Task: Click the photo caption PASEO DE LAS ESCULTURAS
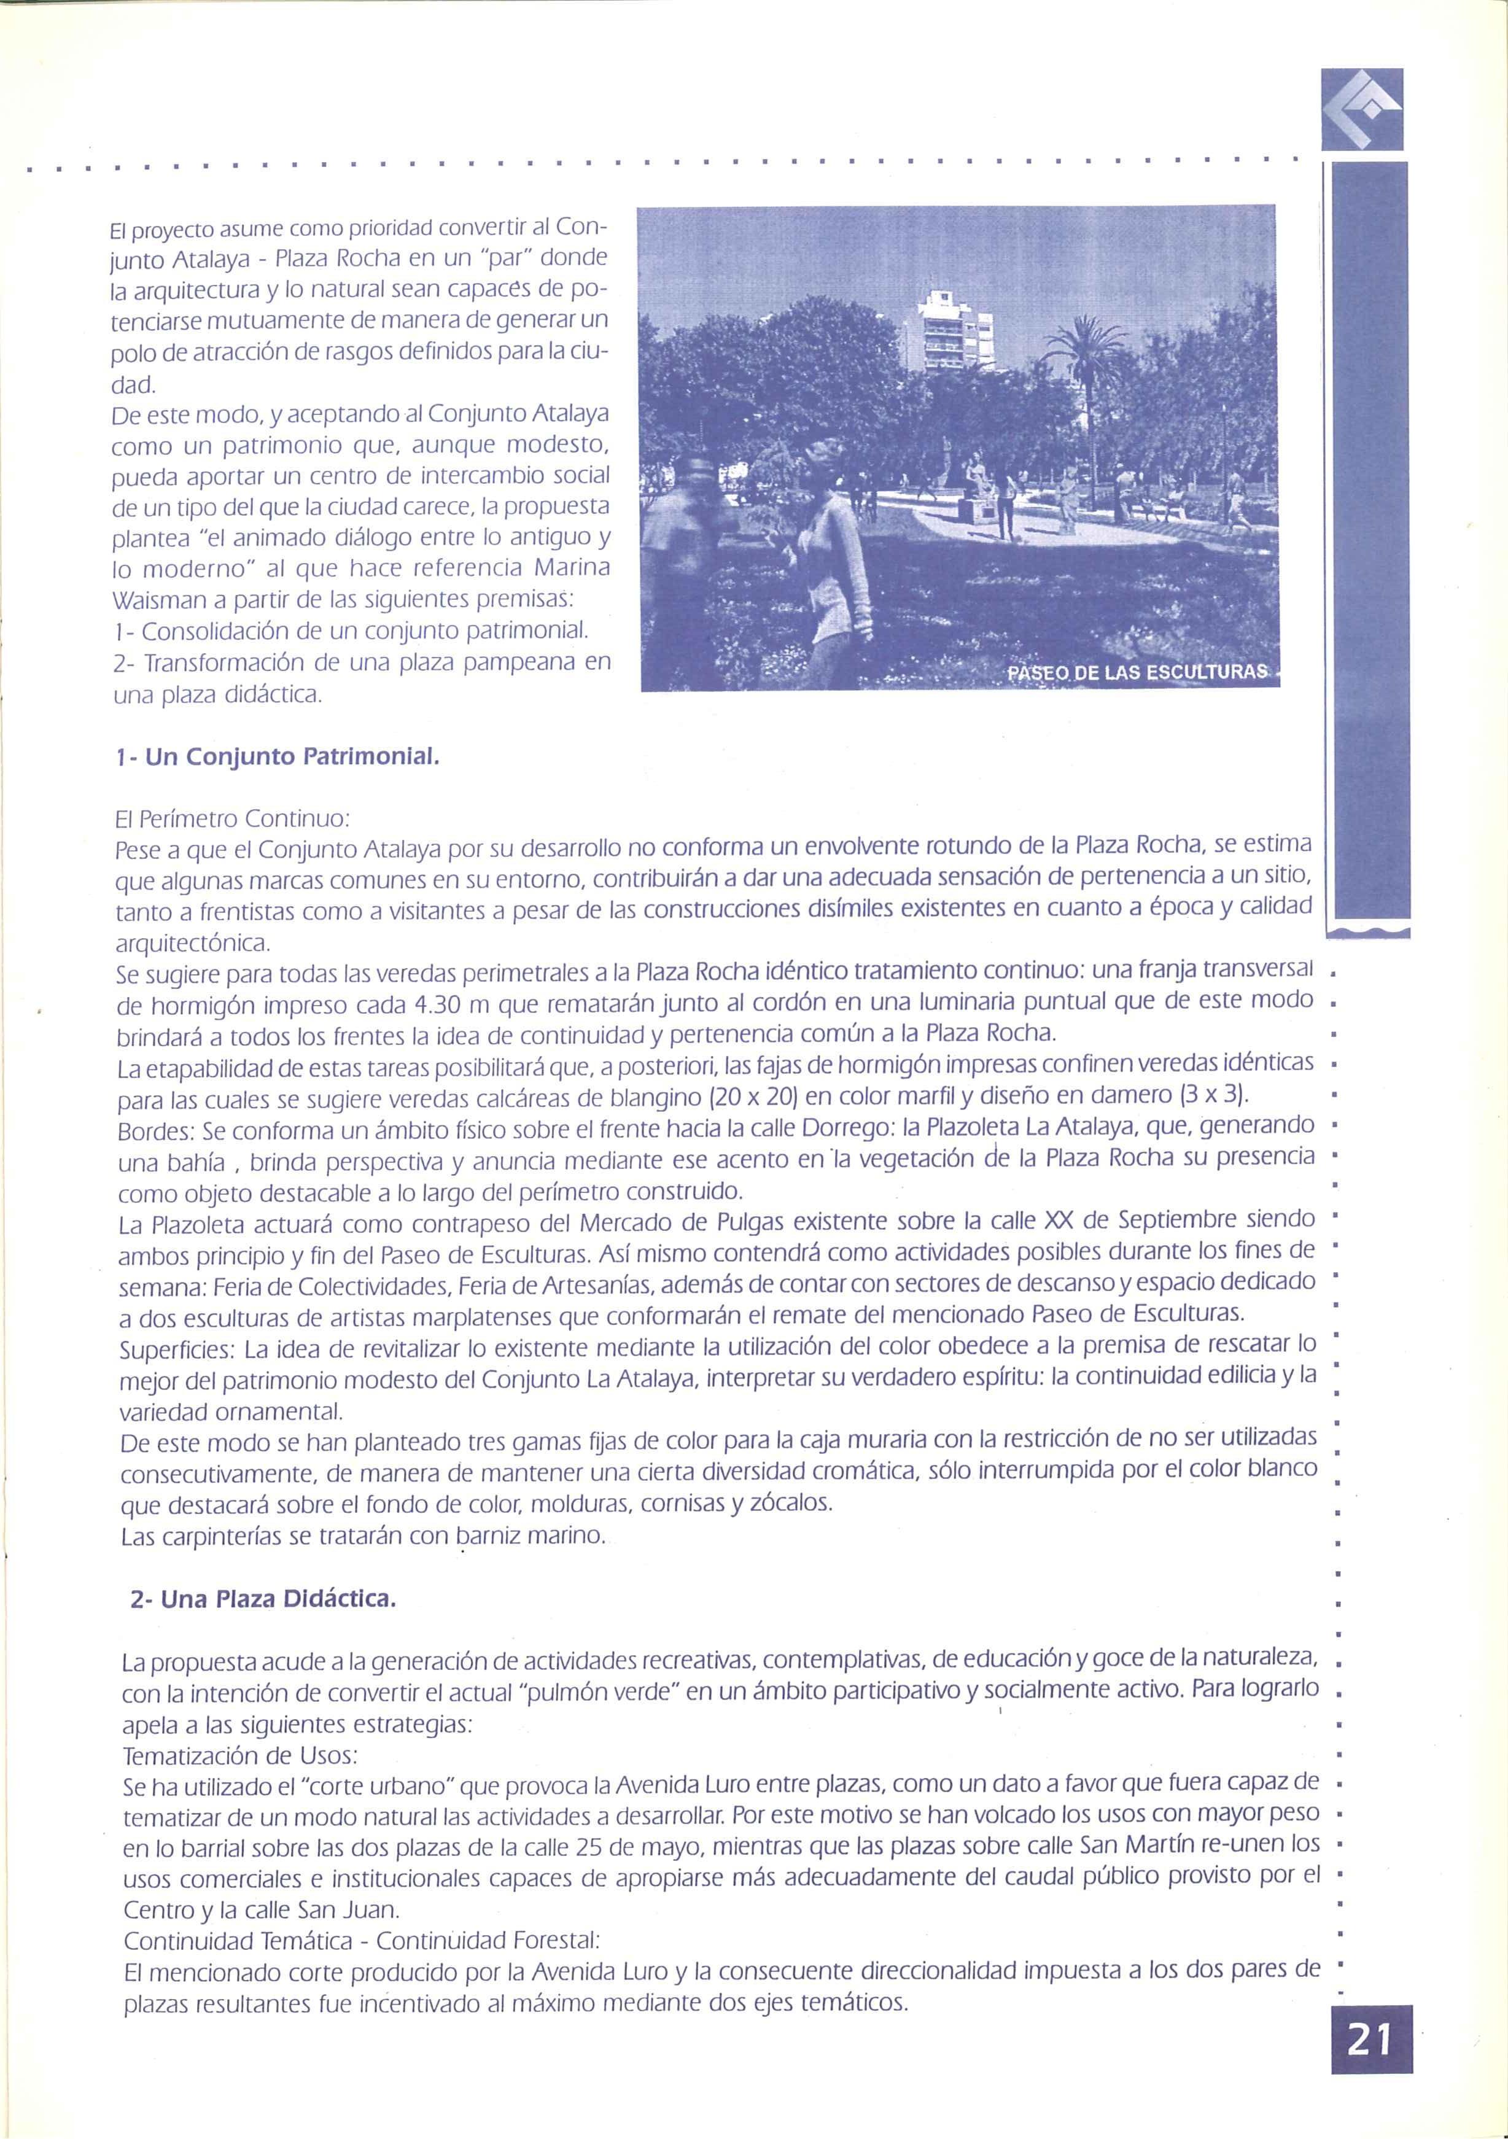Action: (x=1138, y=673)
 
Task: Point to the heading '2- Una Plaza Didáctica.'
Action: (x=263, y=1601)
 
